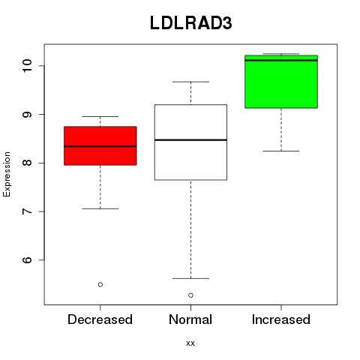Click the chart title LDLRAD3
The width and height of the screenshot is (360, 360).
coord(191,23)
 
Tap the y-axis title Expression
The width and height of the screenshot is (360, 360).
coord(7,174)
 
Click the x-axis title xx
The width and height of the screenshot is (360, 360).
coord(190,343)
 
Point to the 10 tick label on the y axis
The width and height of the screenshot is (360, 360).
coord(27,66)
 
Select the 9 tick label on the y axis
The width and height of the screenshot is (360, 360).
coord(27,115)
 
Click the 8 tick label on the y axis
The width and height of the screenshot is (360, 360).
coord(27,163)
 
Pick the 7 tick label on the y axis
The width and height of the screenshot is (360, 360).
coord(27,211)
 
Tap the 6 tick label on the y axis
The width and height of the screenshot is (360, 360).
coord(27,260)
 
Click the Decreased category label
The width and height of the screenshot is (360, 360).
coord(100,319)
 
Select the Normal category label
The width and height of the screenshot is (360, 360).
coord(190,319)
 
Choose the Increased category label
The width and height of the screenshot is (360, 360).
coord(281,319)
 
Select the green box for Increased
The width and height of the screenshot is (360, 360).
coord(281,82)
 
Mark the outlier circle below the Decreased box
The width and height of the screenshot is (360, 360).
coord(100,284)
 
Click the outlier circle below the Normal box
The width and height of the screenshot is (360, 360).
coord(190,295)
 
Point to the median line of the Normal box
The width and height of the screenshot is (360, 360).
coord(190,140)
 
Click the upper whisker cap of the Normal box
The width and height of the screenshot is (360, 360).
coord(190,82)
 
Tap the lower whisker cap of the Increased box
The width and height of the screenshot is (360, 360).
coord(281,151)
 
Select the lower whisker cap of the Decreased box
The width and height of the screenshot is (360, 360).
coord(100,208)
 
